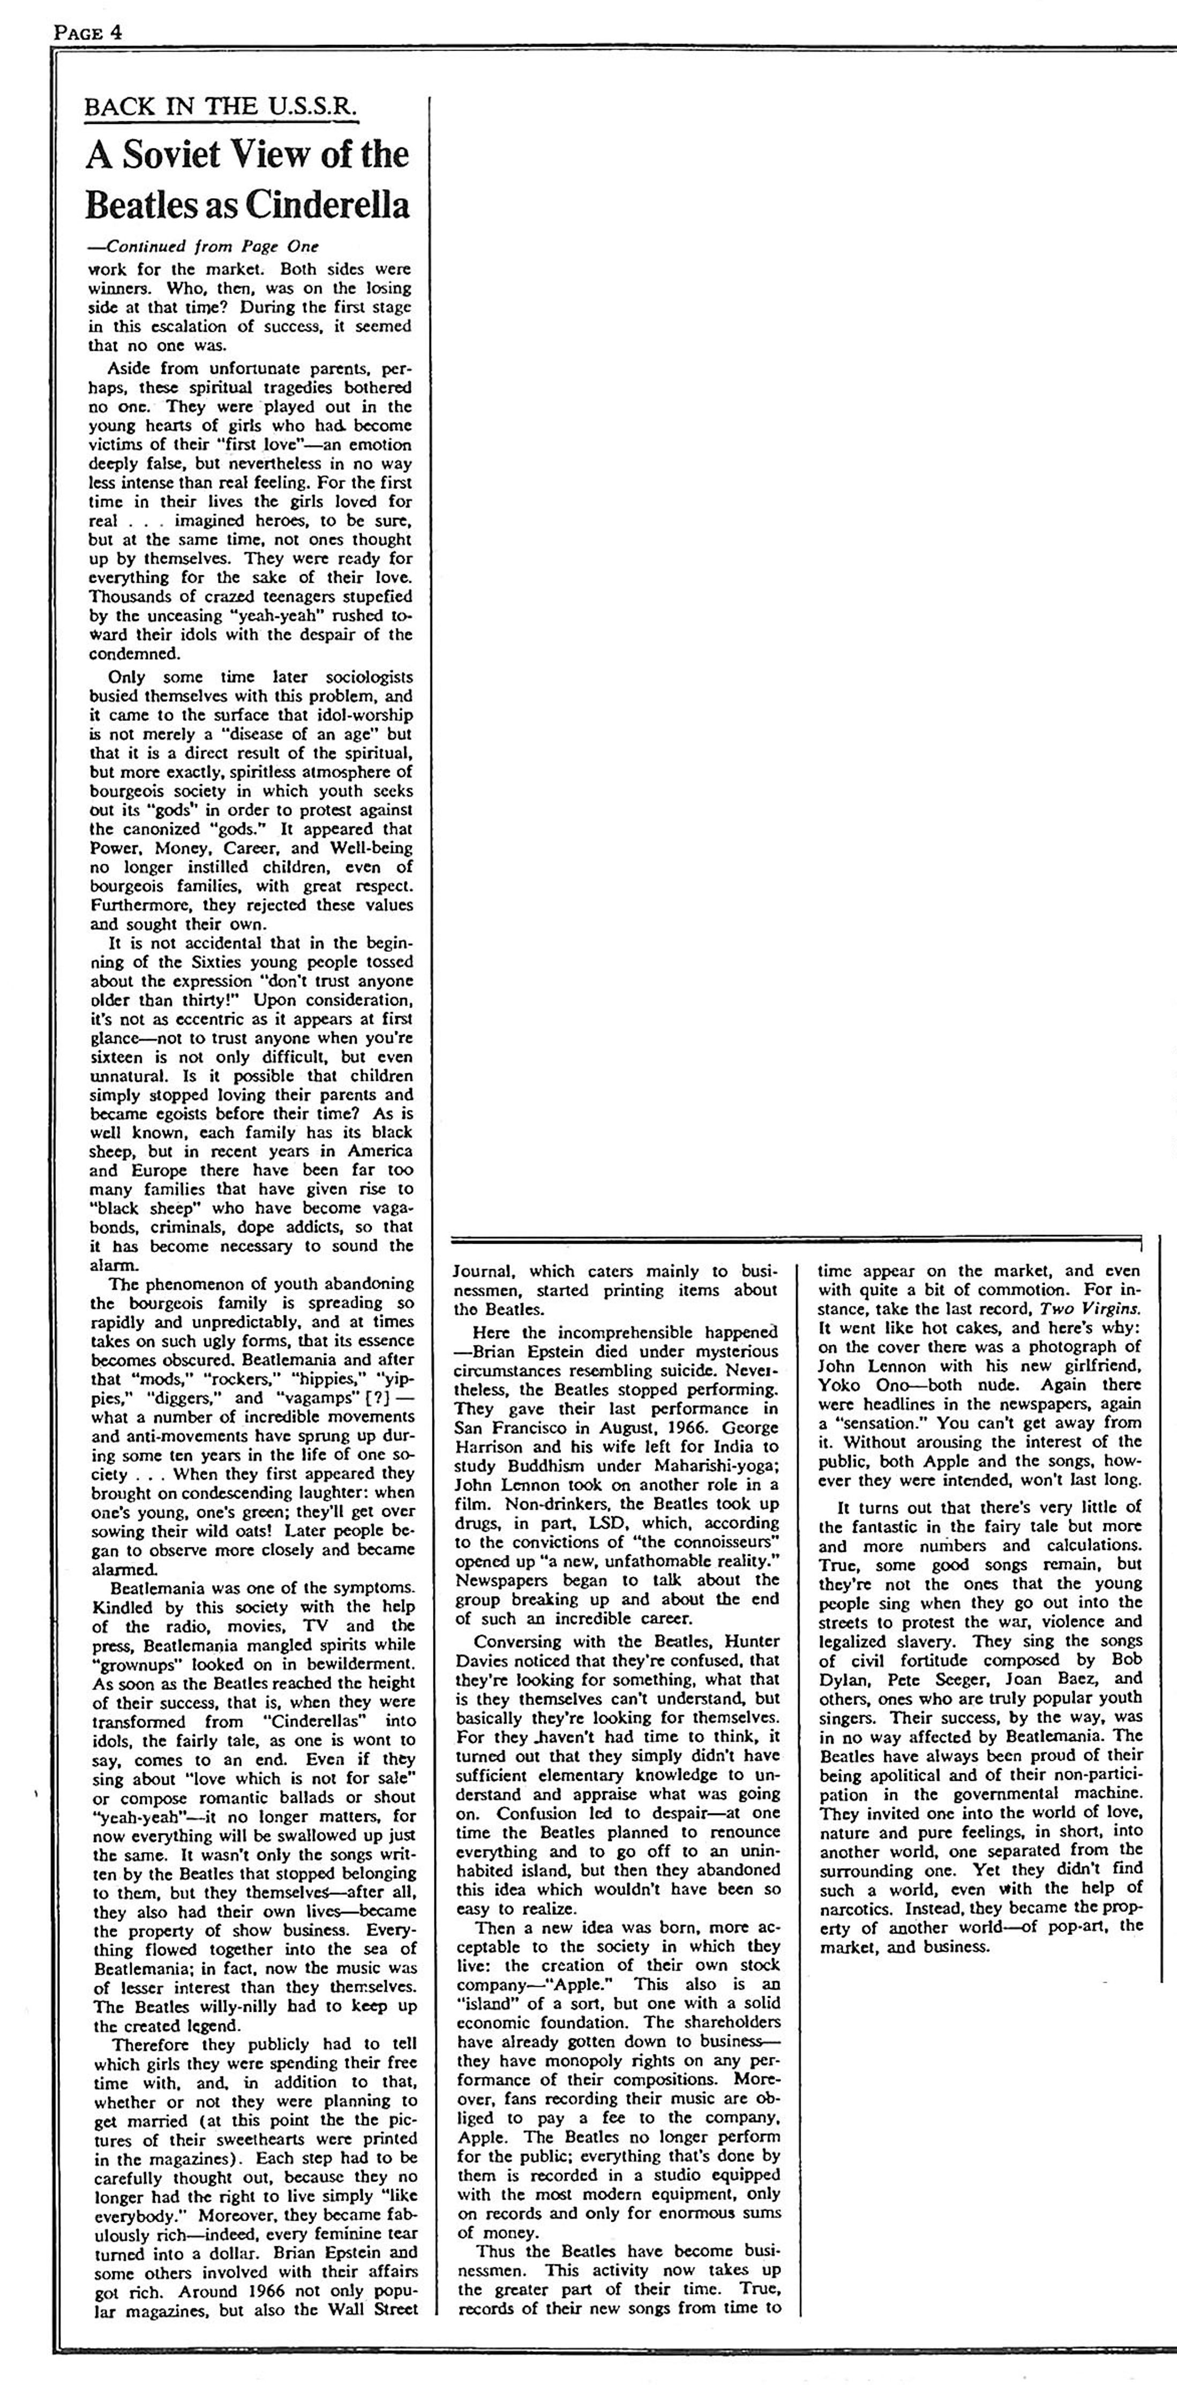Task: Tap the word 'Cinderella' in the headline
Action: coord(332,205)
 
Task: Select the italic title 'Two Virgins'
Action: coord(1092,1309)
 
